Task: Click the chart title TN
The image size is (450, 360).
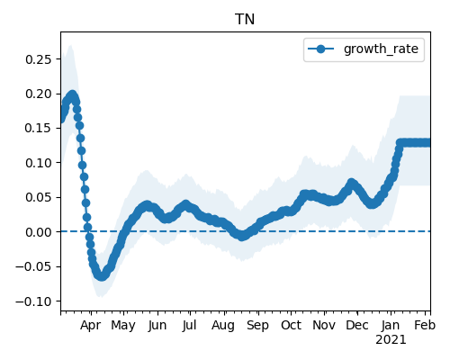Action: point(245,20)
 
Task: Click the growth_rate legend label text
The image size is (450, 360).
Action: point(381,49)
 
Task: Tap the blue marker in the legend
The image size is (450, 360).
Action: point(320,49)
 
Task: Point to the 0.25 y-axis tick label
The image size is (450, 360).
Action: point(39,59)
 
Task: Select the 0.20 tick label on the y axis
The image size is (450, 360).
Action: point(39,94)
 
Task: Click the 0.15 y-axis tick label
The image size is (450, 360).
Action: point(39,128)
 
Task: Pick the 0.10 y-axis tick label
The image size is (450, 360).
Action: point(39,163)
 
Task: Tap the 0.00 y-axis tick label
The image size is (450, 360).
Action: point(39,232)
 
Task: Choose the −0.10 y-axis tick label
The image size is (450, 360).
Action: point(34,301)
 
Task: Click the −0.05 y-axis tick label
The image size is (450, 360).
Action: point(34,266)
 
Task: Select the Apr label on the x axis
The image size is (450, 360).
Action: point(90,326)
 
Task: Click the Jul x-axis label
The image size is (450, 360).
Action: point(189,325)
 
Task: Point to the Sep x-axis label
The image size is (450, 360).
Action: point(257,326)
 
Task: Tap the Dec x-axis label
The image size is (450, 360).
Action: point(357,325)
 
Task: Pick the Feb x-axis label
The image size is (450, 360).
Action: point(425,325)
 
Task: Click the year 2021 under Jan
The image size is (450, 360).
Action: point(391,340)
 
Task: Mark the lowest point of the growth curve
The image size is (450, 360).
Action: point(102,276)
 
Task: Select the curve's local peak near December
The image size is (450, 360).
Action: point(351,183)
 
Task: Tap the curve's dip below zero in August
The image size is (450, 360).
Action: point(242,236)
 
